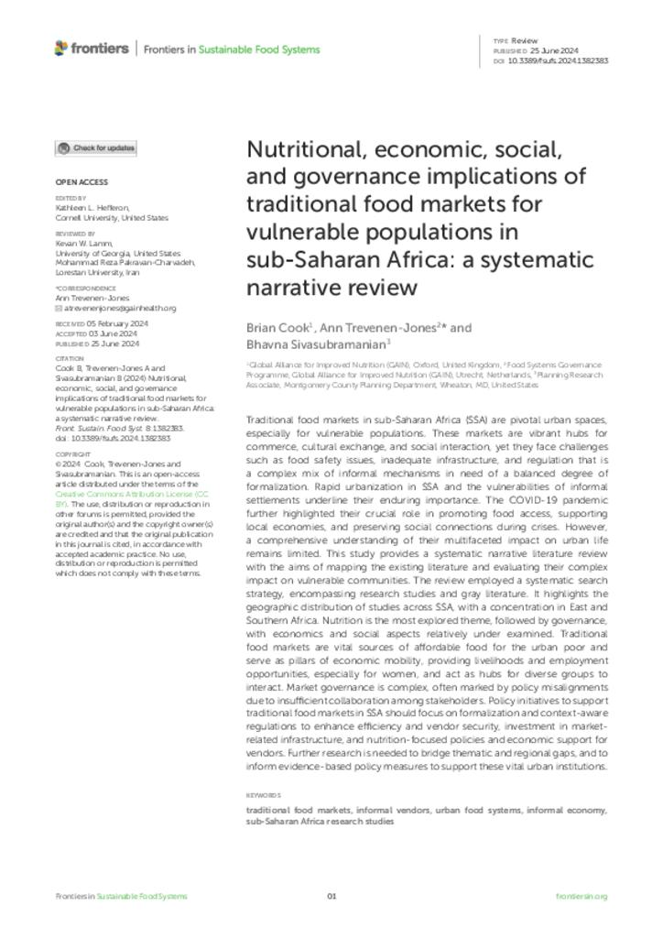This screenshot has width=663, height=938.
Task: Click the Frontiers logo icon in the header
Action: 61,48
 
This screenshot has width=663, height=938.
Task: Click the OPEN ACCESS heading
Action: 82,182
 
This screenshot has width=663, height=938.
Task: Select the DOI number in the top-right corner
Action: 558,61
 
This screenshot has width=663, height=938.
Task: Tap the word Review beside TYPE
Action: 525,41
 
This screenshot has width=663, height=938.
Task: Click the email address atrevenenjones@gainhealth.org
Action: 120,309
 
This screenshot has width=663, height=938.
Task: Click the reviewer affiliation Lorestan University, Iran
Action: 99,273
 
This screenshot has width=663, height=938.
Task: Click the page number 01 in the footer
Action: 331,896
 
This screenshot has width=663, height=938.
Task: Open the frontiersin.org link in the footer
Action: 581,896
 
